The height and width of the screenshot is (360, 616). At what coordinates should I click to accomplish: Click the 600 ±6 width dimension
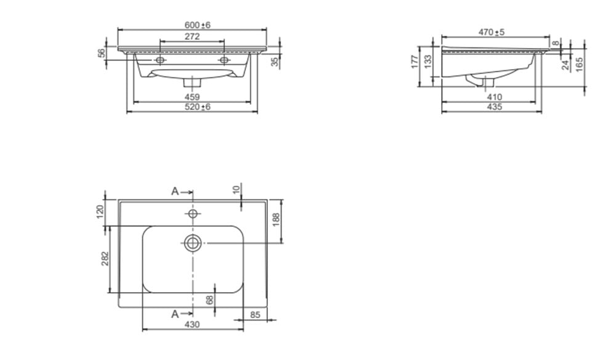[x=198, y=25]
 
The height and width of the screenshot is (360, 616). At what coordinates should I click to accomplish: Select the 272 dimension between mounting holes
[x=192, y=36]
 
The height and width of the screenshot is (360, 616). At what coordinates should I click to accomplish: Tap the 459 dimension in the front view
[x=192, y=97]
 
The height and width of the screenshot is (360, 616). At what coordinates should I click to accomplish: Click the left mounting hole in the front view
[x=160, y=60]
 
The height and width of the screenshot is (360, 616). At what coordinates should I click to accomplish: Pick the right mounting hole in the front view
[x=224, y=60]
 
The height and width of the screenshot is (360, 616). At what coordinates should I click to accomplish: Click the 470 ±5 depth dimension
[x=492, y=32]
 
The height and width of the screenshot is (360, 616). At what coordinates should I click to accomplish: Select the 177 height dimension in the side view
[x=415, y=62]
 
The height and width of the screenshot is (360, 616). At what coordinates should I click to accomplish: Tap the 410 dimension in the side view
[x=494, y=97]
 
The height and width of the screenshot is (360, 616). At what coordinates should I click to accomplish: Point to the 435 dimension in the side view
[x=494, y=107]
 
